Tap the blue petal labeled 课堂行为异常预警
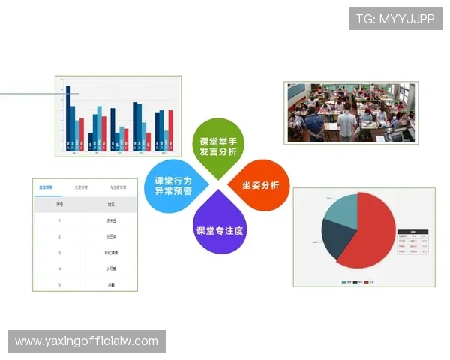point(174,185)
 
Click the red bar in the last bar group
point(170,130)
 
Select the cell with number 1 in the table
point(59,220)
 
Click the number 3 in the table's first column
point(59,253)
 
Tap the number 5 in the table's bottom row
point(59,285)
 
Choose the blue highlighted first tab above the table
point(46,187)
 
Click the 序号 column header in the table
point(59,204)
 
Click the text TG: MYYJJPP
point(394,19)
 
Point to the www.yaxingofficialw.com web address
point(86,341)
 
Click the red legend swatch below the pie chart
point(367,281)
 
